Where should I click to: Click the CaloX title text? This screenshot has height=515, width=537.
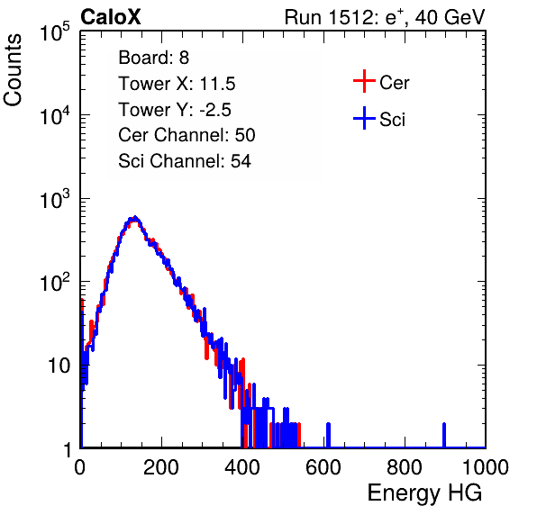111,17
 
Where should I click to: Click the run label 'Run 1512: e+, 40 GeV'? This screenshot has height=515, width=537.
385,17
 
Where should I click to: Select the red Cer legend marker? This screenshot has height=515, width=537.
364,81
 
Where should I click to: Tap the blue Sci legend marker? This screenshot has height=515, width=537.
364,118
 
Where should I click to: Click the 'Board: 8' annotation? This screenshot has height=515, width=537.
153,58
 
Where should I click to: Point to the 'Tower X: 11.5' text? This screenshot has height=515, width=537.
177,84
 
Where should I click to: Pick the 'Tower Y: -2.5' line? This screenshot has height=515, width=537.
175,110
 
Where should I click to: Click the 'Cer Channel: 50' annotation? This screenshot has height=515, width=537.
187,135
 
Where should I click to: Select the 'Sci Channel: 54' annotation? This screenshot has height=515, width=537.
185,161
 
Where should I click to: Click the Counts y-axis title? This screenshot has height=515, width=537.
13,70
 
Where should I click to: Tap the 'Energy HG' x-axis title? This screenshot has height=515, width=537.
424,492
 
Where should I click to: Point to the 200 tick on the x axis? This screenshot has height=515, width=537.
161,467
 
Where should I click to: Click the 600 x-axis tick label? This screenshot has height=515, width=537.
323,467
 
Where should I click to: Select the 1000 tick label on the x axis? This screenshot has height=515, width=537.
486,467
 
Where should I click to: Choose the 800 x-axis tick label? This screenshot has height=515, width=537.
405,467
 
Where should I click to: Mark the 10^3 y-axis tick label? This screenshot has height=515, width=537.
55,199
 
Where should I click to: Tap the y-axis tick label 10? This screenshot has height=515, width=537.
59,366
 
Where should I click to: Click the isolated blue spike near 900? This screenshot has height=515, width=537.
444,435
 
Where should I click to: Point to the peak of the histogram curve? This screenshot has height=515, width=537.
135,217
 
